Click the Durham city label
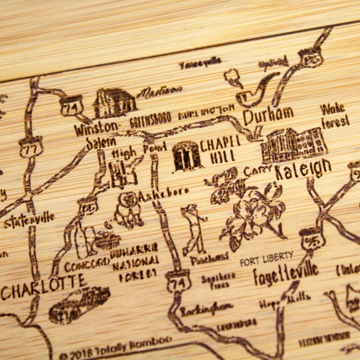[x=268, y=115]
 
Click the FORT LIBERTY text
[x=266, y=259]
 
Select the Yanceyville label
[x=200, y=63]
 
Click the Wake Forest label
[x=334, y=115]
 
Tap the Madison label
[x=159, y=91]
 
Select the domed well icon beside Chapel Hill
[x=186, y=155]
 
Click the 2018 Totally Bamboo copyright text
[x=115, y=348]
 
